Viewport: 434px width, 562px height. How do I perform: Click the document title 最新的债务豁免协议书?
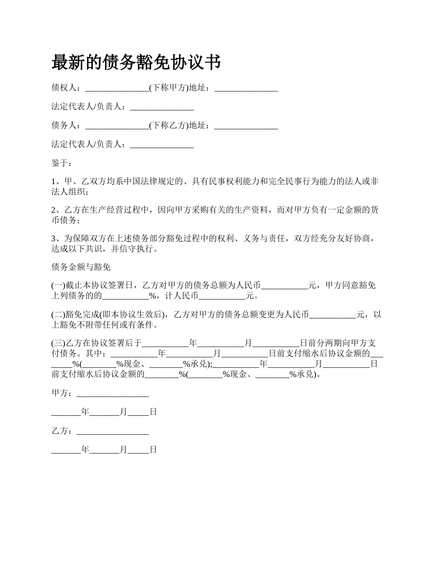tap(136, 62)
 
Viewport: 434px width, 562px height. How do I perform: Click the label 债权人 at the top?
tap(64, 88)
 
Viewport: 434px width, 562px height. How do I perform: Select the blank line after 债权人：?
tap(117, 89)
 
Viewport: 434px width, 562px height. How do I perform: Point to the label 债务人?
tap(64, 125)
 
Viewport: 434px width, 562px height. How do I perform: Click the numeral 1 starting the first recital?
tap(53, 182)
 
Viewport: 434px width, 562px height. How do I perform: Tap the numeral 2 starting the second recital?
tap(53, 210)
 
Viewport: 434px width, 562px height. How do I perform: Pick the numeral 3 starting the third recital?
tap(53, 239)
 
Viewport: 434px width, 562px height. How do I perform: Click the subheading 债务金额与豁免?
tap(81, 267)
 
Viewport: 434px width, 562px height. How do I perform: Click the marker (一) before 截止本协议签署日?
tap(58, 286)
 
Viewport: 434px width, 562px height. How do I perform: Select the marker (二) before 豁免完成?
tap(58, 314)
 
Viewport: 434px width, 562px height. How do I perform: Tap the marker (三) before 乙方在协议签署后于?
tap(58, 343)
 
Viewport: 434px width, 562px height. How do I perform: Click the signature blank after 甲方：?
tap(113, 393)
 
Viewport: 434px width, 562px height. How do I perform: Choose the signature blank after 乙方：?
tap(113, 431)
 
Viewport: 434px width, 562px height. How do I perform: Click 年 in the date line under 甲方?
tap(85, 412)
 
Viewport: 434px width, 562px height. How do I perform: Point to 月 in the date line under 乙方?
tap(123, 450)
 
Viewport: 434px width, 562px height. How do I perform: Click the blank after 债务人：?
tap(117, 126)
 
